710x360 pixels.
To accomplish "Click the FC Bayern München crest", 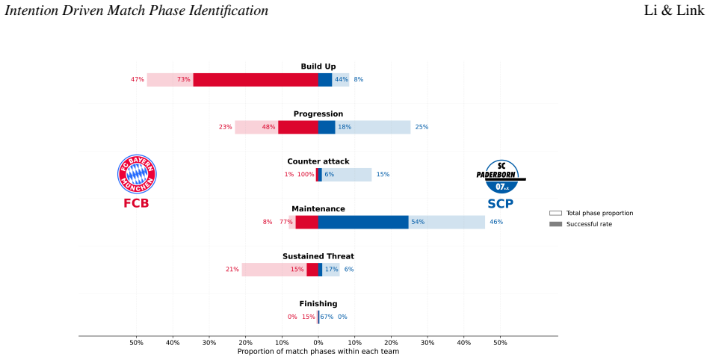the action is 137,174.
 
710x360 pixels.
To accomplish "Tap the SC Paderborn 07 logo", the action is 501,176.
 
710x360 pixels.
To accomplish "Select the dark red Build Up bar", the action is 256,80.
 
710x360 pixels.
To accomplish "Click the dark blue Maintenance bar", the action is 363,222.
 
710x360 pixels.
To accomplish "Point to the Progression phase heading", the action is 318,114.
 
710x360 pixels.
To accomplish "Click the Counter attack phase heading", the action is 318,161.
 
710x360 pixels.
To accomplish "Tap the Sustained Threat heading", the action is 318,256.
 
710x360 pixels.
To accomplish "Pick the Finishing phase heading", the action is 318,304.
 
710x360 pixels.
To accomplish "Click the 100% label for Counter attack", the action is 306,175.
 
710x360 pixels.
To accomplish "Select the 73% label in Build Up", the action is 183,80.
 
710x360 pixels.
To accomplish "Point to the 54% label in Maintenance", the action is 418,222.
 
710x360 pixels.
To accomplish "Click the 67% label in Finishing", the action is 327,317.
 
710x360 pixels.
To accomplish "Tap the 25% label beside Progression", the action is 422,127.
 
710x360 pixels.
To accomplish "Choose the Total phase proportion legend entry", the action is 591,213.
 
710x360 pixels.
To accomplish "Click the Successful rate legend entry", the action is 581,224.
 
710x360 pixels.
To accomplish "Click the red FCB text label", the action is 136,203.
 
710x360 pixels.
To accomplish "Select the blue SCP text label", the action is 500,204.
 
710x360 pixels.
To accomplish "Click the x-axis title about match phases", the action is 318,351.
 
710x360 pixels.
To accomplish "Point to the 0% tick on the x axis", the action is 318,343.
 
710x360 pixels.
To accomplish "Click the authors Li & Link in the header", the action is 674,10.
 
